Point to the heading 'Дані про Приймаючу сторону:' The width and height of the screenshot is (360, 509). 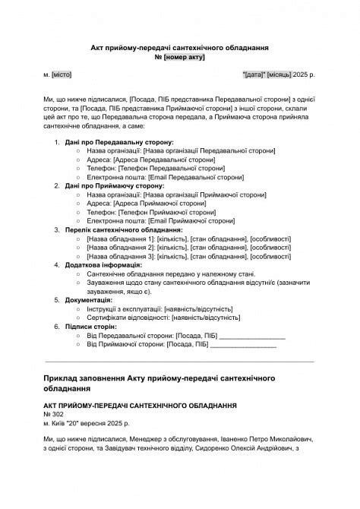114,185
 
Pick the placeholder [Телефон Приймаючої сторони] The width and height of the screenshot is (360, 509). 166,212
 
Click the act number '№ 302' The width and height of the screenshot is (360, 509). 53,415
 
